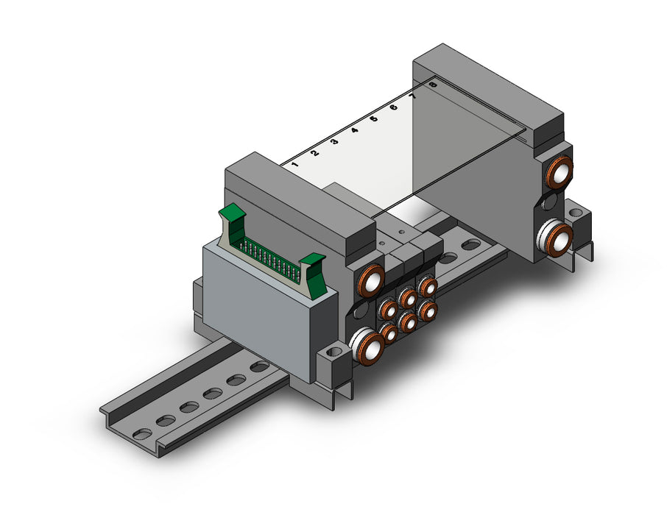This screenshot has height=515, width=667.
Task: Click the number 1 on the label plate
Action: click(x=295, y=164)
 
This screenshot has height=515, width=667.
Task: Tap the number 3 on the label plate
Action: click(x=334, y=141)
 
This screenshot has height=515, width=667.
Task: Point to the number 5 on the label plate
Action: click(x=373, y=119)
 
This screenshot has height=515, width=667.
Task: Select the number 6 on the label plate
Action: click(x=393, y=107)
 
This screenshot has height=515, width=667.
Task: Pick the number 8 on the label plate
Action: click(x=433, y=85)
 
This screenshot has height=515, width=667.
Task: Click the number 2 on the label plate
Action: click(x=315, y=153)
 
